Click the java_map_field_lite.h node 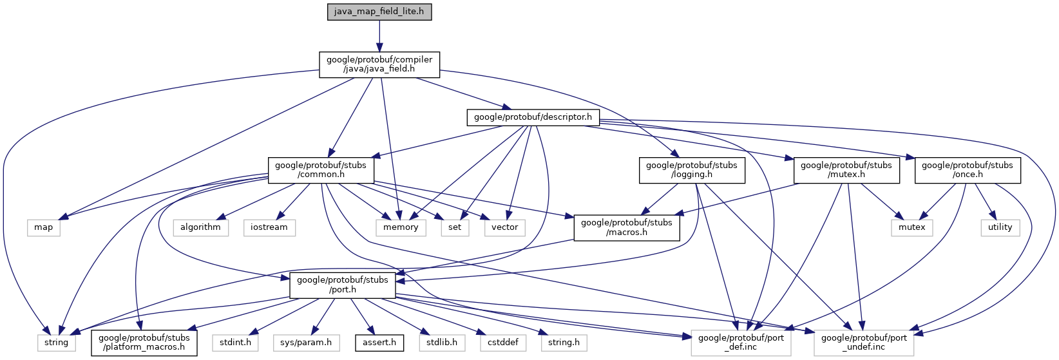(379, 12)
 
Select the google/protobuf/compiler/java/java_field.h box (379, 64)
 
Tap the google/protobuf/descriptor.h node (533, 117)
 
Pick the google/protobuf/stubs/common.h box (320, 169)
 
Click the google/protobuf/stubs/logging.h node (691, 169)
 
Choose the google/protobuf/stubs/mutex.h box (846, 169)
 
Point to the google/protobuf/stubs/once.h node (967, 169)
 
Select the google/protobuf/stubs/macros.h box (626, 227)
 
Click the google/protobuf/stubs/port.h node (342, 285)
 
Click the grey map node (44, 227)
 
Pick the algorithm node (200, 227)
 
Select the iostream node (269, 227)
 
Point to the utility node (1000, 227)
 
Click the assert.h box (379, 343)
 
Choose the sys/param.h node (306, 343)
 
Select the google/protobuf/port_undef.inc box (864, 342)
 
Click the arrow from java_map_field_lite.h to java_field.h (379, 35)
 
